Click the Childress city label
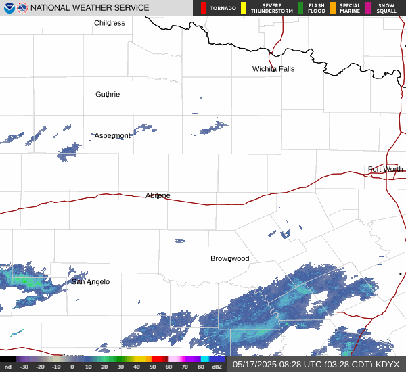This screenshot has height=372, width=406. point(110,23)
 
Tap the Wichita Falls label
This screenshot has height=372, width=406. point(273,69)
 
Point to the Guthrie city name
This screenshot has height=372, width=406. point(108,95)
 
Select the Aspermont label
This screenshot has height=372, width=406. point(112,136)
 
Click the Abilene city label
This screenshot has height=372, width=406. point(158,196)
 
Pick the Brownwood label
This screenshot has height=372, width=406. point(229,259)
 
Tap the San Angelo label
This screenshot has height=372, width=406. point(91,282)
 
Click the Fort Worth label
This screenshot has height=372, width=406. point(385,169)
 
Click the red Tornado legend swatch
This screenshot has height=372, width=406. point(204,8)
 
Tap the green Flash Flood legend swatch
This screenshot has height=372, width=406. point(300,8)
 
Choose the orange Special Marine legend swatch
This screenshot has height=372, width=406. point(333,8)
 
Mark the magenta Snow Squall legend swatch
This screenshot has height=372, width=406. point(367,8)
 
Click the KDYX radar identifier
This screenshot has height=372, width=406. point(388,364)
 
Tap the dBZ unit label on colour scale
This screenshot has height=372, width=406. point(218,367)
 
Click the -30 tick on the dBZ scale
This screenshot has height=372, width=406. point(24,367)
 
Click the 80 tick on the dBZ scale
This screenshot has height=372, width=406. point(201,367)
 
